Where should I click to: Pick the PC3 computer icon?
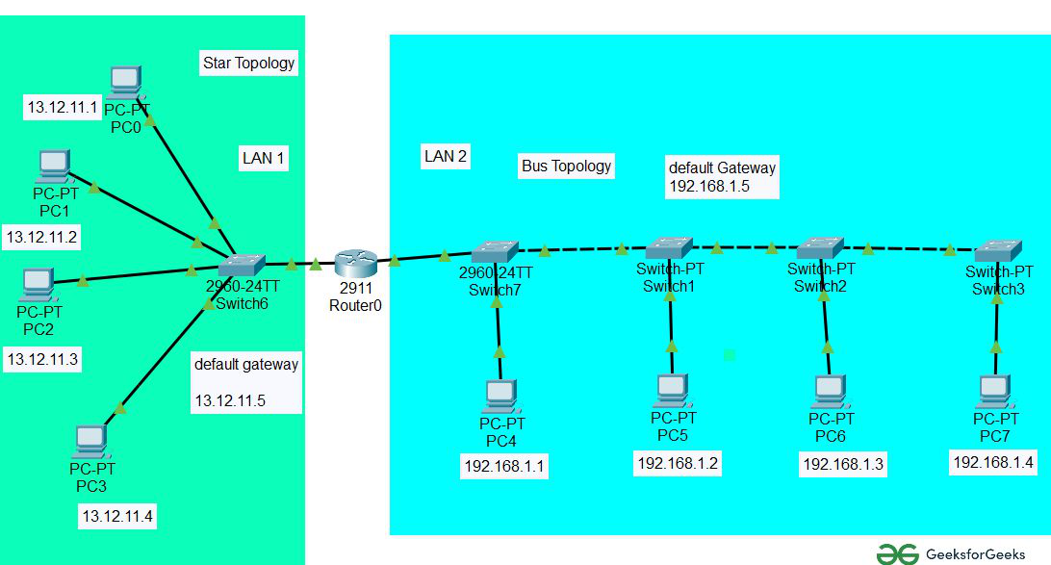tap(90, 442)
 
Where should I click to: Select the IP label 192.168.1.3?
tap(843, 465)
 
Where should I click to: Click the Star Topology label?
tap(248, 64)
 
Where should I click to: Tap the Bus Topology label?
tap(566, 166)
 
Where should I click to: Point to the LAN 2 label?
tap(446, 156)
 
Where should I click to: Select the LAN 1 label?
tap(263, 159)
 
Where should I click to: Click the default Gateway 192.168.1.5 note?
tap(722, 177)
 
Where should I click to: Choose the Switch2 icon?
tap(820, 248)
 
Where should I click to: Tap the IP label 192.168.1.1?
tap(505, 467)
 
